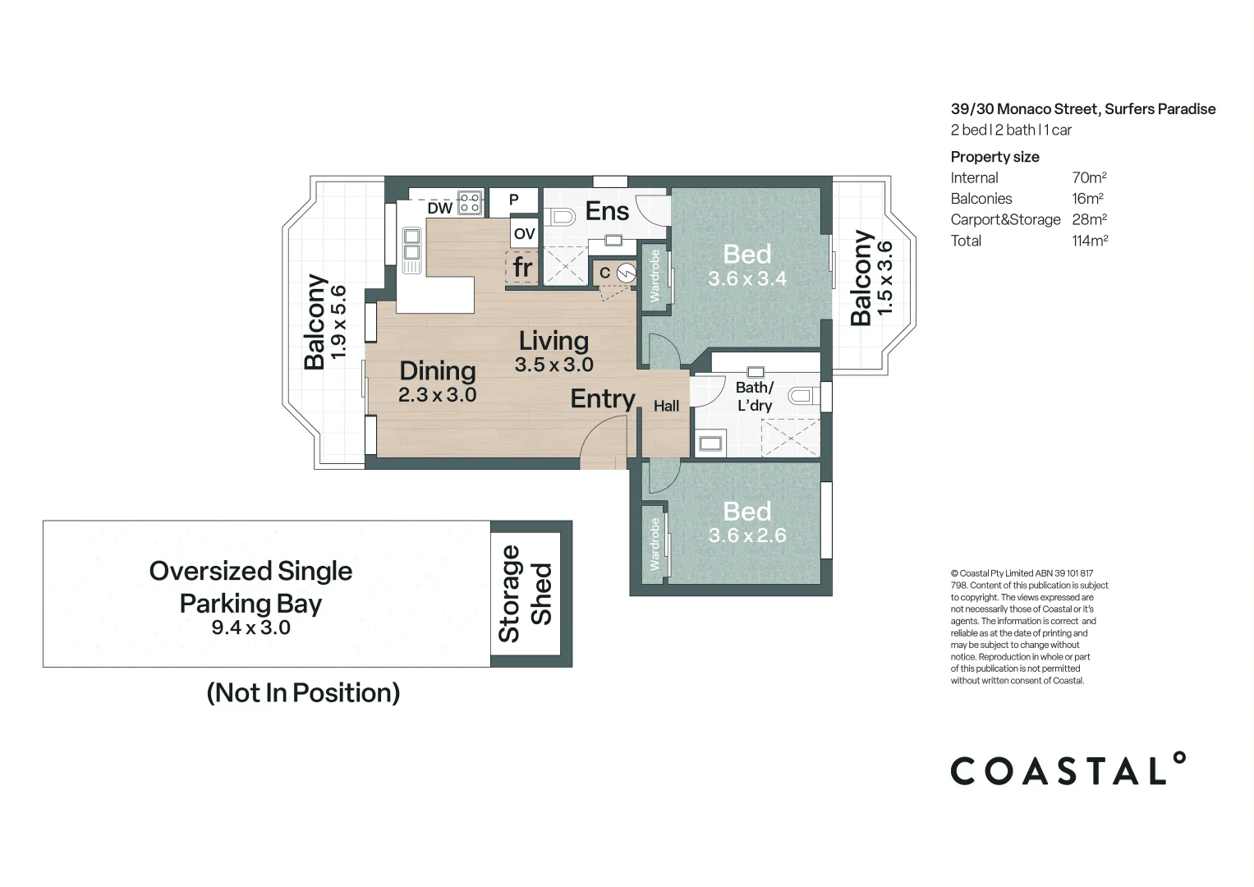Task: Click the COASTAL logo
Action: (x=1067, y=770)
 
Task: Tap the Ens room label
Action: (x=607, y=211)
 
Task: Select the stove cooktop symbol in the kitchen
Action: (x=469, y=202)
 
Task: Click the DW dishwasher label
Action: (x=439, y=208)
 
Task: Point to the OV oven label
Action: (x=524, y=234)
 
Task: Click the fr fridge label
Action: (x=522, y=267)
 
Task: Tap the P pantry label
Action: (x=513, y=200)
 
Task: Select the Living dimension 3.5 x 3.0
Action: (x=554, y=365)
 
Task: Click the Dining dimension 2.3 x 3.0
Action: (x=437, y=395)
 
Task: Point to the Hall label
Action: (x=666, y=406)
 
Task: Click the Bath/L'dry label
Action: (x=754, y=396)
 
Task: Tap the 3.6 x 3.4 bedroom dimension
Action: (x=746, y=279)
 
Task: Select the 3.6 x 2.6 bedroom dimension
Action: (x=746, y=535)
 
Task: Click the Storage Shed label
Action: (x=526, y=594)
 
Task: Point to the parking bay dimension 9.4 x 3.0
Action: (x=250, y=627)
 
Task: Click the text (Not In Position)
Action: (x=303, y=692)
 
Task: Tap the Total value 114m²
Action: (x=1089, y=241)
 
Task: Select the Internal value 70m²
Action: (x=1089, y=177)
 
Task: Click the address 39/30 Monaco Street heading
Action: (x=1082, y=109)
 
